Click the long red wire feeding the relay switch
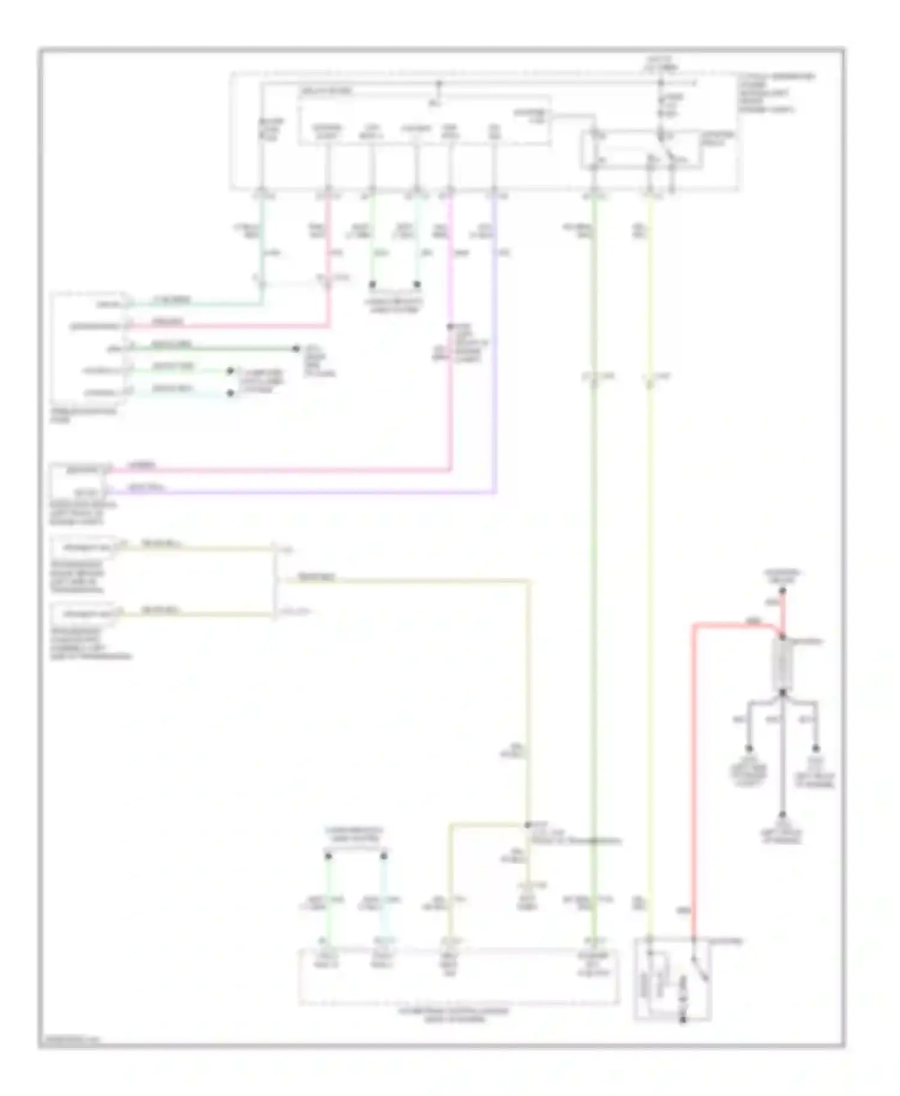(694, 779)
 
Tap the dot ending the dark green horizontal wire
(296, 348)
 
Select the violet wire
(496, 360)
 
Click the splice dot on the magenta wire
(450, 327)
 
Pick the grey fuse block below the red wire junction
(783, 666)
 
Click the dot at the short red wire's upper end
(783, 591)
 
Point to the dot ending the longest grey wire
(782, 815)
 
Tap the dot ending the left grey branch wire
(749, 749)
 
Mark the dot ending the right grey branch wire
(816, 749)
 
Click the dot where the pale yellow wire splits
(528, 825)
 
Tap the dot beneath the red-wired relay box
(682, 1020)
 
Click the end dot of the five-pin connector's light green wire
(230, 371)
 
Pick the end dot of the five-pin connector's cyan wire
(230, 393)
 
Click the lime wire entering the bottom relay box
(649, 600)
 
